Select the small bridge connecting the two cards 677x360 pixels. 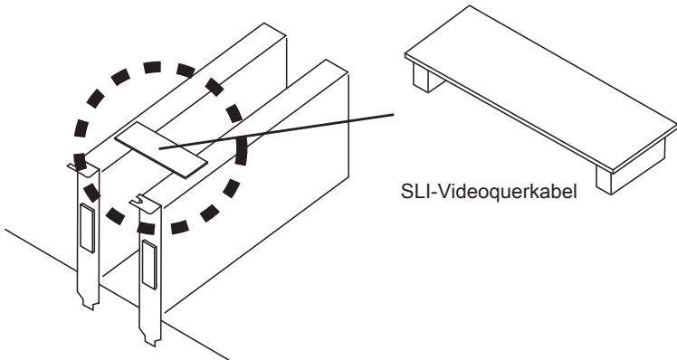coord(160,149)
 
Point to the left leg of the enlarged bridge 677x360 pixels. coord(426,78)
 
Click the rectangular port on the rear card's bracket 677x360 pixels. coord(87,227)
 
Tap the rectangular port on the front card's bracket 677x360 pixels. coord(149,264)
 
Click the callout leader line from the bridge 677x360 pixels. coord(276,131)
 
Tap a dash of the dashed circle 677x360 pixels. coord(152,67)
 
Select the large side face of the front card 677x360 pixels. coord(254,194)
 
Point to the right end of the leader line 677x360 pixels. coord(394,114)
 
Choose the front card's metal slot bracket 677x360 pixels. coord(149,270)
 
